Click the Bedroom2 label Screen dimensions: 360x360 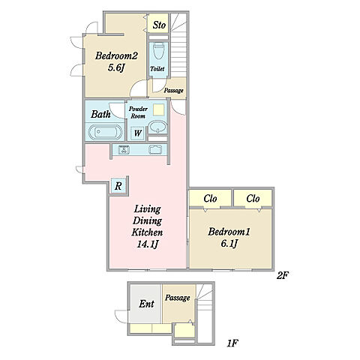coord(116,55)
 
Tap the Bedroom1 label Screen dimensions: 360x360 coord(229,232)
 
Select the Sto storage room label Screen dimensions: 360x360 coord(159,25)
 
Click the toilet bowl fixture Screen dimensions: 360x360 coord(158,51)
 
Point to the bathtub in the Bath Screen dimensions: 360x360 coord(105,132)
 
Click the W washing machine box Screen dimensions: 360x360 coord(137,133)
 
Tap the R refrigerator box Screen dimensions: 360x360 coord(118,186)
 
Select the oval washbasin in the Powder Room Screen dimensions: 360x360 coord(157,127)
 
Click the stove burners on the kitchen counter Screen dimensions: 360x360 coord(124,149)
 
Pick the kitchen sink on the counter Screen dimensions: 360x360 coord(155,149)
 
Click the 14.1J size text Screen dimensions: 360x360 coord(147,244)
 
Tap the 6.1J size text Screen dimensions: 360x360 coord(229,243)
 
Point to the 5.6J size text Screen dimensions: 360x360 coord(116,67)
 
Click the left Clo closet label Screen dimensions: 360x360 coord(210,199)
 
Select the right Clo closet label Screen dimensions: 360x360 coord(253,199)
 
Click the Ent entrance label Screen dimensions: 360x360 coord(146,304)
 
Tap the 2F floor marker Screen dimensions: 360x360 coord(283,275)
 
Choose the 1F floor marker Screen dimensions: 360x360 coord(232,343)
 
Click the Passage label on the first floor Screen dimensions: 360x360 coord(177,298)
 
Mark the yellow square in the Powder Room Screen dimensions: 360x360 coord(159,109)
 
